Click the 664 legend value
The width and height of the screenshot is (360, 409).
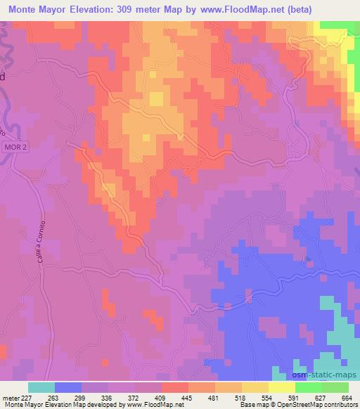tap(347, 397)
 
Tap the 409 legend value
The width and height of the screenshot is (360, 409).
tap(161, 397)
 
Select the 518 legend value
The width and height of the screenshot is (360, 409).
tap(240, 397)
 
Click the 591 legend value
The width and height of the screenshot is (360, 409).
tap(293, 397)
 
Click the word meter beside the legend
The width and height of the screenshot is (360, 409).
tap(10, 397)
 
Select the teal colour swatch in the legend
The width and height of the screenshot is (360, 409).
tap(41, 387)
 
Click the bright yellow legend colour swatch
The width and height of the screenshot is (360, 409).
tap(281, 387)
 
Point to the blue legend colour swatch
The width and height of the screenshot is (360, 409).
tap(68, 387)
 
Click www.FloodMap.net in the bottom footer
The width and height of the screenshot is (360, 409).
tap(153, 405)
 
